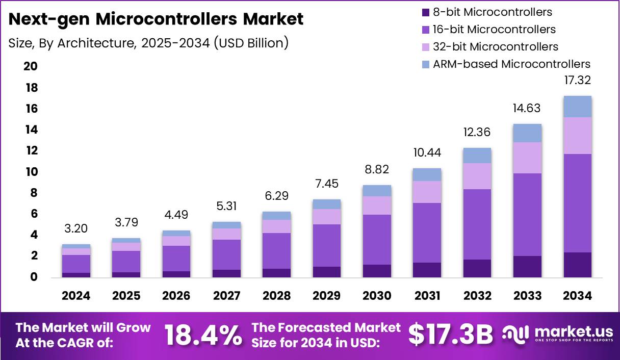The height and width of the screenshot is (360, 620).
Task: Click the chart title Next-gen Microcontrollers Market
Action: [x=156, y=19]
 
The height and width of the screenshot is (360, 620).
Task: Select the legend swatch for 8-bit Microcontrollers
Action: [x=425, y=12]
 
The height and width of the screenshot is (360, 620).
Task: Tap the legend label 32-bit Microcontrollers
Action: [x=495, y=46]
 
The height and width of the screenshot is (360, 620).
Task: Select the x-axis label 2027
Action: [x=227, y=296]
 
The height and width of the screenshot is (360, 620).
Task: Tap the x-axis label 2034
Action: [x=577, y=296]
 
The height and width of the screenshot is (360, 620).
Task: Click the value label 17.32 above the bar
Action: [x=577, y=80]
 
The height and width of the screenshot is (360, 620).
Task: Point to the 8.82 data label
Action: [x=377, y=169]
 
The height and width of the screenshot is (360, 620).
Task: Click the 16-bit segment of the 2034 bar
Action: [x=577, y=203]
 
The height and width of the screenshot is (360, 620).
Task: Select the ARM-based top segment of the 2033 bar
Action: [x=527, y=133]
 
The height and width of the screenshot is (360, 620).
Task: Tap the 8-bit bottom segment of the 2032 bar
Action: [x=477, y=268]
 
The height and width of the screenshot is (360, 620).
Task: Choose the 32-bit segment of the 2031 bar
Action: [x=427, y=192]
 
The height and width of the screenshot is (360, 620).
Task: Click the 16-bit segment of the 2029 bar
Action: [x=327, y=245]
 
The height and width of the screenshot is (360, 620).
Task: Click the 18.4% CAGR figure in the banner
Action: [x=202, y=335]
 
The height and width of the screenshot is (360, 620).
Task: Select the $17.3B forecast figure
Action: [x=451, y=335]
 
